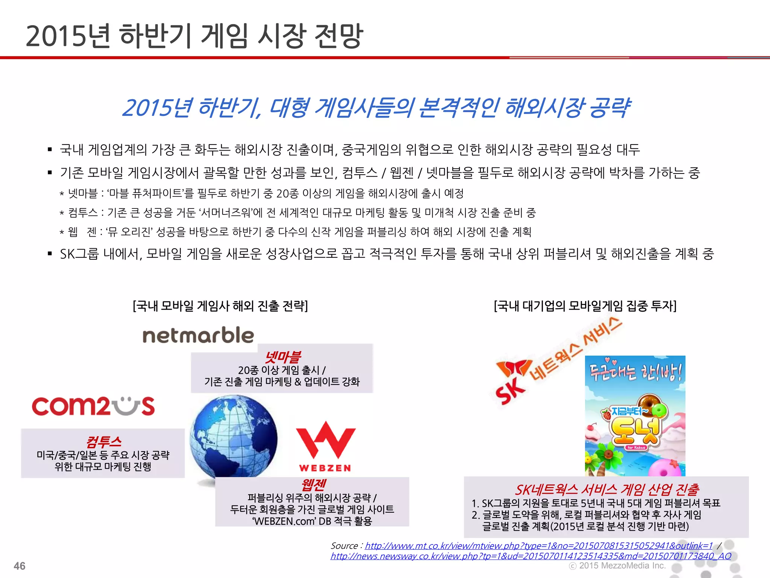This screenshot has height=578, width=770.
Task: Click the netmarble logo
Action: point(198,335)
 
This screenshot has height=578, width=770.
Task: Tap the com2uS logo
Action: point(93,406)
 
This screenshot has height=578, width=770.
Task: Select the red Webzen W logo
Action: point(326,440)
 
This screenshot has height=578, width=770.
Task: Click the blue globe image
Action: point(233,437)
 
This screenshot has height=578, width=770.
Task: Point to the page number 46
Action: point(20,566)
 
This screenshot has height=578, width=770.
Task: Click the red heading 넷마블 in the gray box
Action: point(283,356)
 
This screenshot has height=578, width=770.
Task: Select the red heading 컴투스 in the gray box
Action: point(103,441)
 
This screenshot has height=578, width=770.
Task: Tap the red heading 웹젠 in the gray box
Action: point(313,484)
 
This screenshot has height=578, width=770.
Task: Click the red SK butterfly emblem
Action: point(514,367)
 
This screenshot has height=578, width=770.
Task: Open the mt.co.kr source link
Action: point(539,546)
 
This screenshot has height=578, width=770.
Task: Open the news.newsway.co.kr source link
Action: point(531,556)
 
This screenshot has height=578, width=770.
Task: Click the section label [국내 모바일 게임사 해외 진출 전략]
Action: point(220,306)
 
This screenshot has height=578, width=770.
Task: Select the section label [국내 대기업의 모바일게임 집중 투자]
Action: point(585,306)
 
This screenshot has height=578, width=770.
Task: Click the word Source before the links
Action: point(344,546)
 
